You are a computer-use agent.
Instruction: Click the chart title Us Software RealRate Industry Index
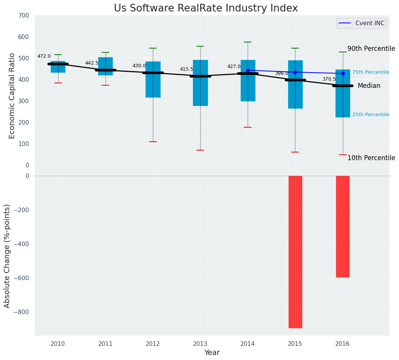[x=206, y=8]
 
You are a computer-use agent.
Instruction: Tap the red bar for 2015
[x=295, y=251]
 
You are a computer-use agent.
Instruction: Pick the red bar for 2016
[x=342, y=226]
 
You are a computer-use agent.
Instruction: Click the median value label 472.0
[x=44, y=56]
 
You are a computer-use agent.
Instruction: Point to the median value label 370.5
[x=329, y=79]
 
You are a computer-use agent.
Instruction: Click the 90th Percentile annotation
[x=371, y=49]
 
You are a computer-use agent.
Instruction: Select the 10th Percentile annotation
[x=371, y=158]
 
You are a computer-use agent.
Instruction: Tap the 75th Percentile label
[x=371, y=72]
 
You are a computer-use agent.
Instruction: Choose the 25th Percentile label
[x=371, y=115]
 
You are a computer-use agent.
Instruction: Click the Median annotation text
[x=369, y=86]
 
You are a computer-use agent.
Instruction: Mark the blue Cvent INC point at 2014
[x=248, y=70]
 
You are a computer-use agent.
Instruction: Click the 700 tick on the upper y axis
[x=24, y=16]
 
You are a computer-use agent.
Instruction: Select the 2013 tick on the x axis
[x=200, y=344]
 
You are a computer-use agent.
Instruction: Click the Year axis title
[x=212, y=353]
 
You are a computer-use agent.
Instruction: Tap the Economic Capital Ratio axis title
[x=12, y=96]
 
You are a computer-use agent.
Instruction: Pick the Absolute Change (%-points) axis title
[x=7, y=256]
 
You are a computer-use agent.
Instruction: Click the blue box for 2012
[x=153, y=79]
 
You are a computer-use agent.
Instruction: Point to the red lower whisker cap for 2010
[x=58, y=83]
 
